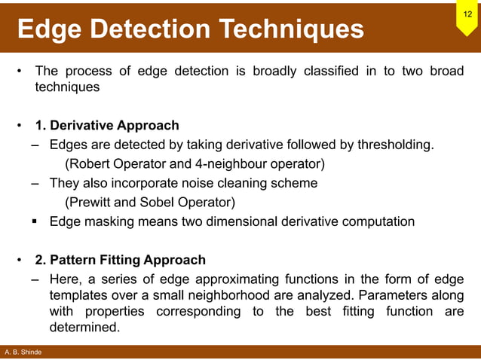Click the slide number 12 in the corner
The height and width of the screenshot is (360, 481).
[x=467, y=14]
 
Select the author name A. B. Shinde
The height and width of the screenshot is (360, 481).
[x=23, y=352]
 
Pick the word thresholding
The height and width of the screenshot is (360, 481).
[x=395, y=144]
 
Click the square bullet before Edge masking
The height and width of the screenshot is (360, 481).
[x=35, y=221]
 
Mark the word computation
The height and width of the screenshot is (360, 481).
[x=377, y=221]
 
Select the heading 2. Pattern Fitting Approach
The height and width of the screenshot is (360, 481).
[x=120, y=260]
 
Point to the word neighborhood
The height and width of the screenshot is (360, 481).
[x=251, y=295]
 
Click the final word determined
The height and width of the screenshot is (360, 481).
[x=84, y=328]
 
